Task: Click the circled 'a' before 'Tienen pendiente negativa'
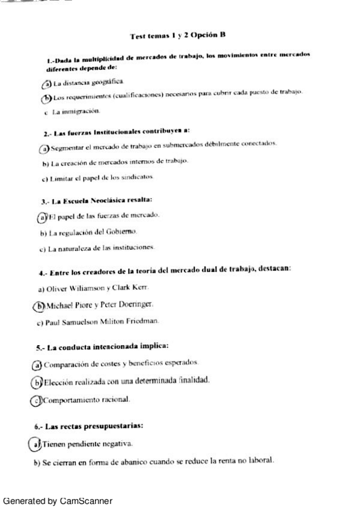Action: [35, 444]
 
